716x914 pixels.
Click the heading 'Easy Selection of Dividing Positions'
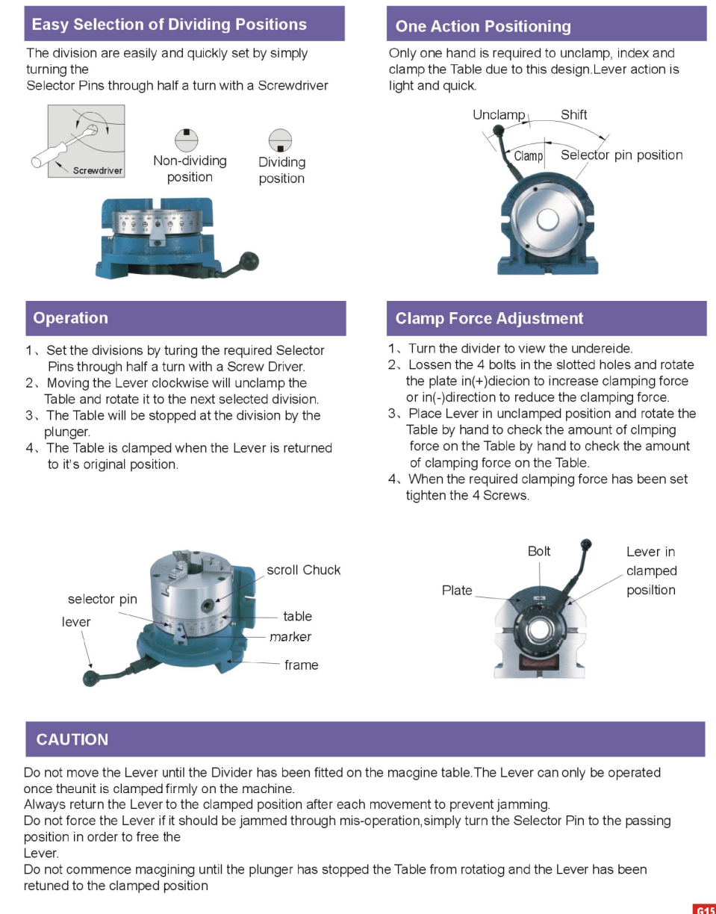(169, 25)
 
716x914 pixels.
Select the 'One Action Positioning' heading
(483, 27)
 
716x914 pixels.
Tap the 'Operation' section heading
(70, 318)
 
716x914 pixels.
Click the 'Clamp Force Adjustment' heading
(489, 319)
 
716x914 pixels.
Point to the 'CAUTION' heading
(72, 739)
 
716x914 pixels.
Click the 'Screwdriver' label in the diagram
(97, 170)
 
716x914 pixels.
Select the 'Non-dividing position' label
(190, 169)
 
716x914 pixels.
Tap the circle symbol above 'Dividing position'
(280, 140)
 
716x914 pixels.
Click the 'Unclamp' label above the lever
(499, 115)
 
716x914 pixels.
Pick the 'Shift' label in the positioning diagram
(573, 115)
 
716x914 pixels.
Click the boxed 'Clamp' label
(529, 156)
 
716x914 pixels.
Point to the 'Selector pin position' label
(621, 155)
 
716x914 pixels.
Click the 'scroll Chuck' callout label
(303, 570)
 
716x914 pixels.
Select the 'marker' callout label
(290, 637)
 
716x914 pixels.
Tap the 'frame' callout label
(301, 665)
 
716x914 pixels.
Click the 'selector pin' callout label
(102, 599)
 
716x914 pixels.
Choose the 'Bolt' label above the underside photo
(538, 551)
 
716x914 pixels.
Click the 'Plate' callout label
(457, 590)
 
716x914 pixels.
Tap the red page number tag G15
(704, 907)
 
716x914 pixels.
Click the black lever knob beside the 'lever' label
(92, 678)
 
